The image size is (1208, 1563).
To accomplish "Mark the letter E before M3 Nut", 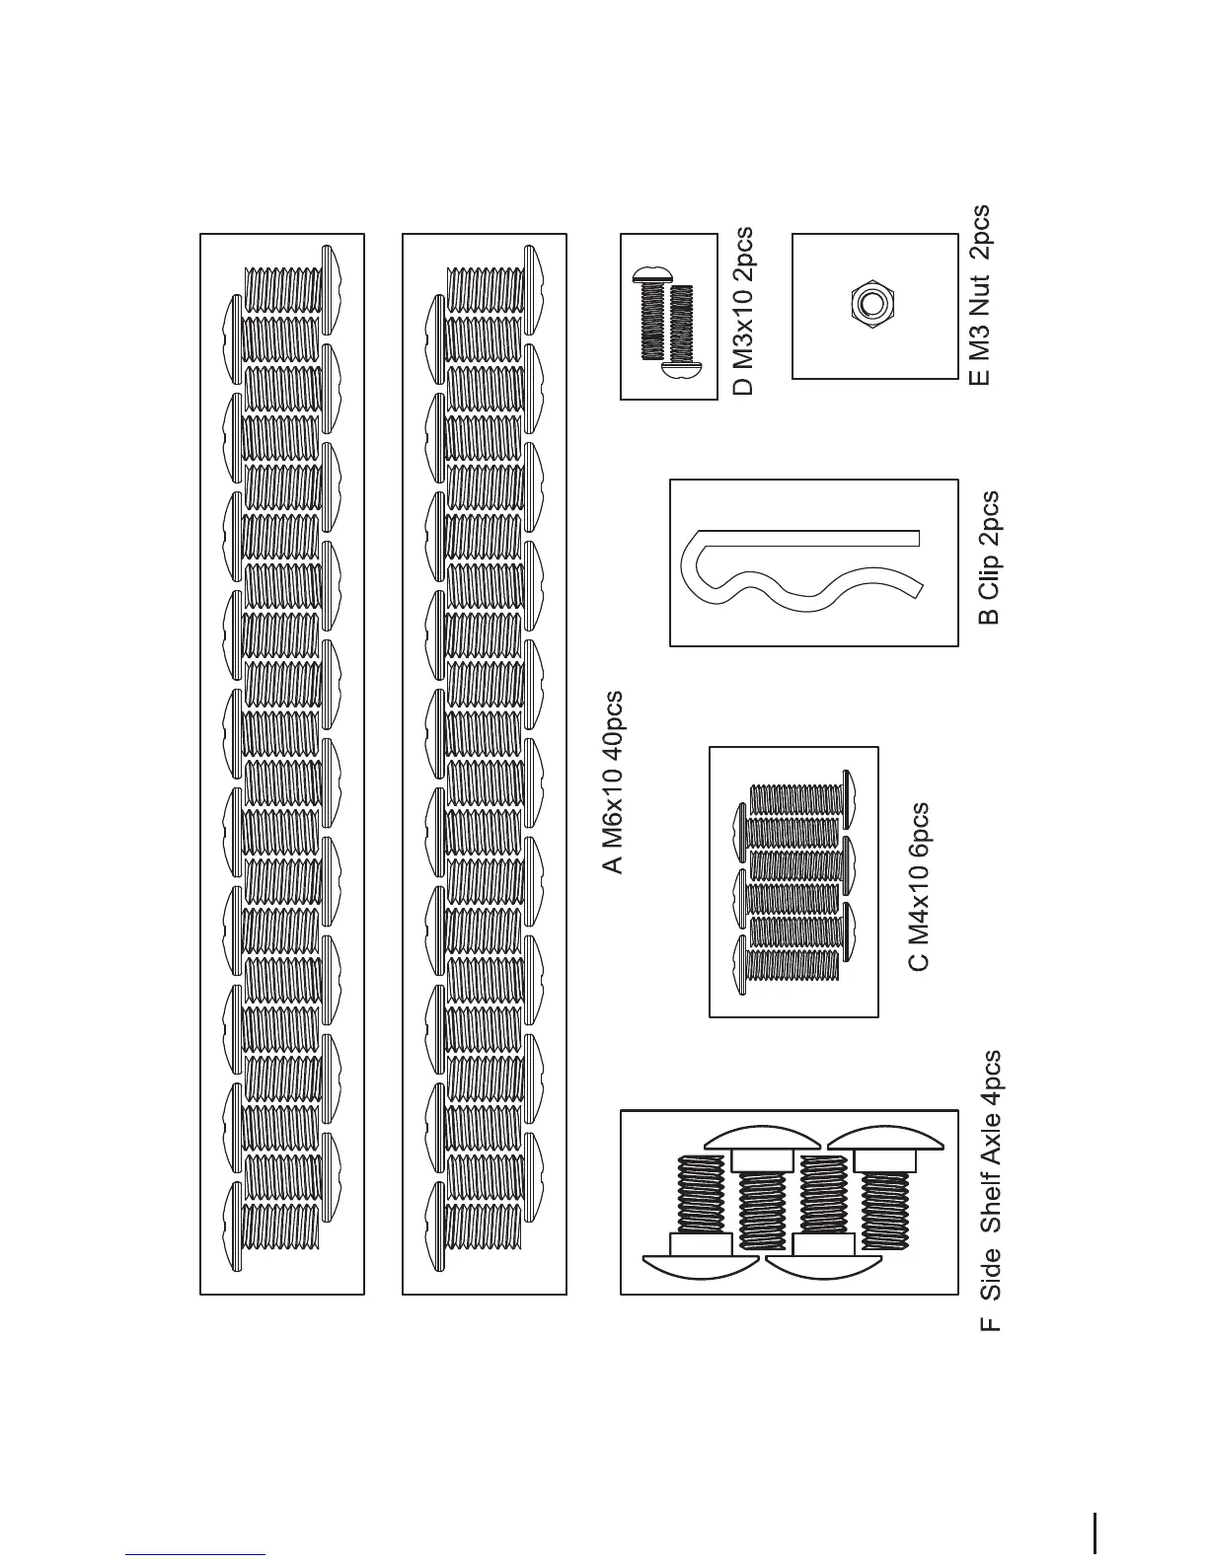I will coord(979,375).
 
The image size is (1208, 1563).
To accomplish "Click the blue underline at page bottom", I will coord(195,1555).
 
